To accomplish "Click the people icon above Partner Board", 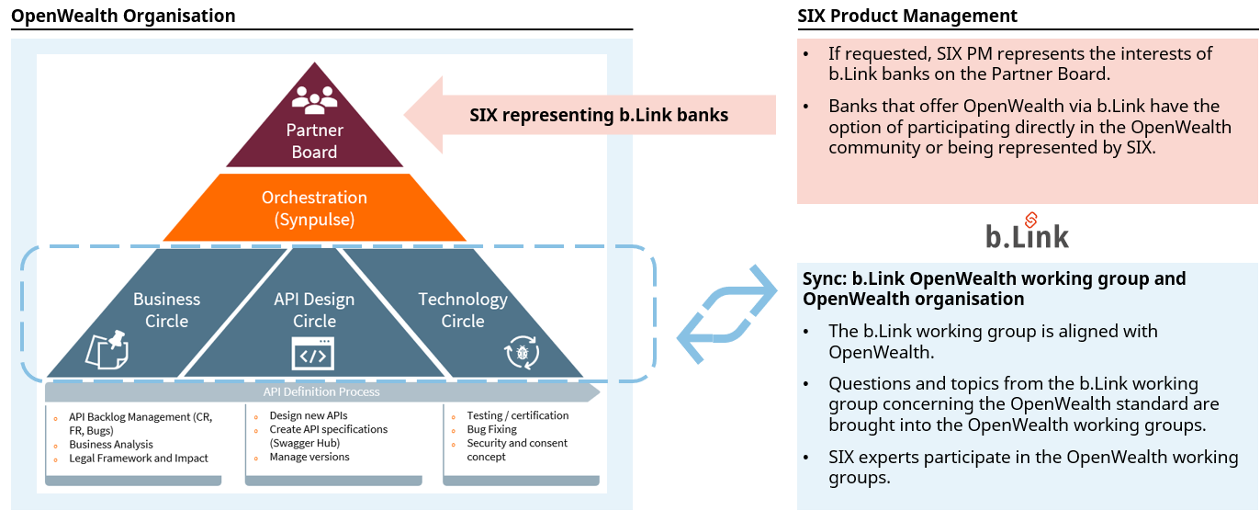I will pyautogui.click(x=314, y=97).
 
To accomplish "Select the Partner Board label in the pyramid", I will pyautogui.click(x=314, y=141).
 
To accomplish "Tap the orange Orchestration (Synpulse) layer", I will pyautogui.click(x=314, y=209).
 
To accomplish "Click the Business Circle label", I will pyautogui.click(x=166, y=310).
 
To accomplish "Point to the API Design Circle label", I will pyautogui.click(x=314, y=310).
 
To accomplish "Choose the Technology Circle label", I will pyautogui.click(x=463, y=310).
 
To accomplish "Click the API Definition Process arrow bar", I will pyautogui.click(x=321, y=391).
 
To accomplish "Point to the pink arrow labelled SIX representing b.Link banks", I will pyautogui.click(x=588, y=115).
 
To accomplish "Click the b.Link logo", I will pyautogui.click(x=1027, y=232).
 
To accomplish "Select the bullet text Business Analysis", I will pyautogui.click(x=111, y=444).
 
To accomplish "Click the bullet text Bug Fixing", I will pyautogui.click(x=491, y=429).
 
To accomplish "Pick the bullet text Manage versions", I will pyautogui.click(x=309, y=457).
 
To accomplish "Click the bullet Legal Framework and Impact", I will pyautogui.click(x=139, y=458).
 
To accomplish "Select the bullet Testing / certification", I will pyautogui.click(x=517, y=415).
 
